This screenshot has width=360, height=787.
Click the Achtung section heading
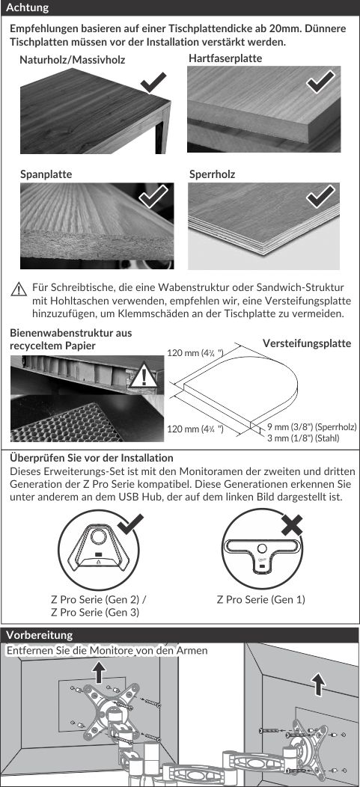(x=28, y=7)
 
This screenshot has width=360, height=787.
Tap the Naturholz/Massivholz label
(x=73, y=61)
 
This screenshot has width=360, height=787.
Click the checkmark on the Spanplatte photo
(x=153, y=196)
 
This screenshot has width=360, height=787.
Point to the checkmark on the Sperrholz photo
(x=321, y=196)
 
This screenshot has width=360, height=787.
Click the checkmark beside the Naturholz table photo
(x=153, y=82)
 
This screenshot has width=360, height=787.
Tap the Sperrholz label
(x=213, y=174)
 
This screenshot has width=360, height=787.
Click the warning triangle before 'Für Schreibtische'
(x=19, y=290)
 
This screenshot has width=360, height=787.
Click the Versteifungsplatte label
(x=307, y=343)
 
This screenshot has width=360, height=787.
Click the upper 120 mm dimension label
(x=195, y=353)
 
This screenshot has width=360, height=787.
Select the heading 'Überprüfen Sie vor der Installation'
(x=91, y=458)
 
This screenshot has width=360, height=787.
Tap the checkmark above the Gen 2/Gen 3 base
(x=130, y=525)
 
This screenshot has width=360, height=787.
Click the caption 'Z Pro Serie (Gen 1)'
(x=261, y=599)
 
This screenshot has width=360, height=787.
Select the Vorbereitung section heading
(x=39, y=634)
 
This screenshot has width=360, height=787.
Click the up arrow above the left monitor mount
(x=100, y=672)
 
